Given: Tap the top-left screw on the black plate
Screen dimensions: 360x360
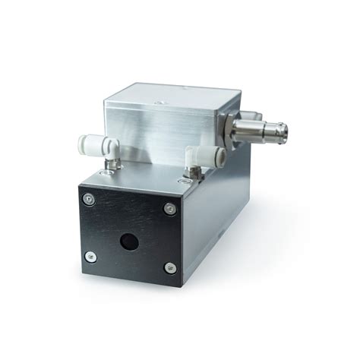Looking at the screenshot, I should [90, 199].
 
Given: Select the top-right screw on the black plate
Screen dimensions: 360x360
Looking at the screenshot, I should [169, 209].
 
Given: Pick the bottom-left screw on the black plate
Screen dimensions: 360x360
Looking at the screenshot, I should [90, 256].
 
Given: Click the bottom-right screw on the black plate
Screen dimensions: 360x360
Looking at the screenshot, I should [169, 267].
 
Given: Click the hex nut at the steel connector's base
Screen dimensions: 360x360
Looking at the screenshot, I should [232, 123].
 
